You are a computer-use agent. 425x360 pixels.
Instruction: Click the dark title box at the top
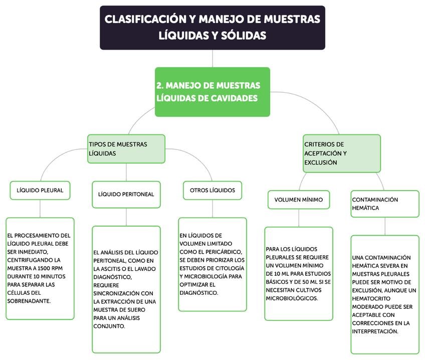coord(212,27)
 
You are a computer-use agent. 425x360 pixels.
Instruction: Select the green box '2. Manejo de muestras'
coord(212,92)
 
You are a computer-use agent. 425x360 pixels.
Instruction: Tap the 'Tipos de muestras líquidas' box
coord(126,149)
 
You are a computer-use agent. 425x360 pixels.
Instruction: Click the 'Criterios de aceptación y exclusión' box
coord(341,153)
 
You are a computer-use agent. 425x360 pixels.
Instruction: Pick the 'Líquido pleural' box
coord(40,191)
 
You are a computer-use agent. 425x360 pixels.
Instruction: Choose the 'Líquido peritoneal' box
coord(126,194)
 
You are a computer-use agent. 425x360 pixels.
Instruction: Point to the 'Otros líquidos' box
coord(212,191)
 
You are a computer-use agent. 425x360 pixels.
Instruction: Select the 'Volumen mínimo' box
coord(298,200)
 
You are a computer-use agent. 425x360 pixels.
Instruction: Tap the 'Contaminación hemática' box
coord(384,203)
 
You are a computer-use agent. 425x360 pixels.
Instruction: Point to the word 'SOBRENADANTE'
coord(29,301)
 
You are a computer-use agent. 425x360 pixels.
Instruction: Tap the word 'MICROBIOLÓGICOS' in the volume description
coord(292,298)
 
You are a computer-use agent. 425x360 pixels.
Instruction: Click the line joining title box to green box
coord(212,59)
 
